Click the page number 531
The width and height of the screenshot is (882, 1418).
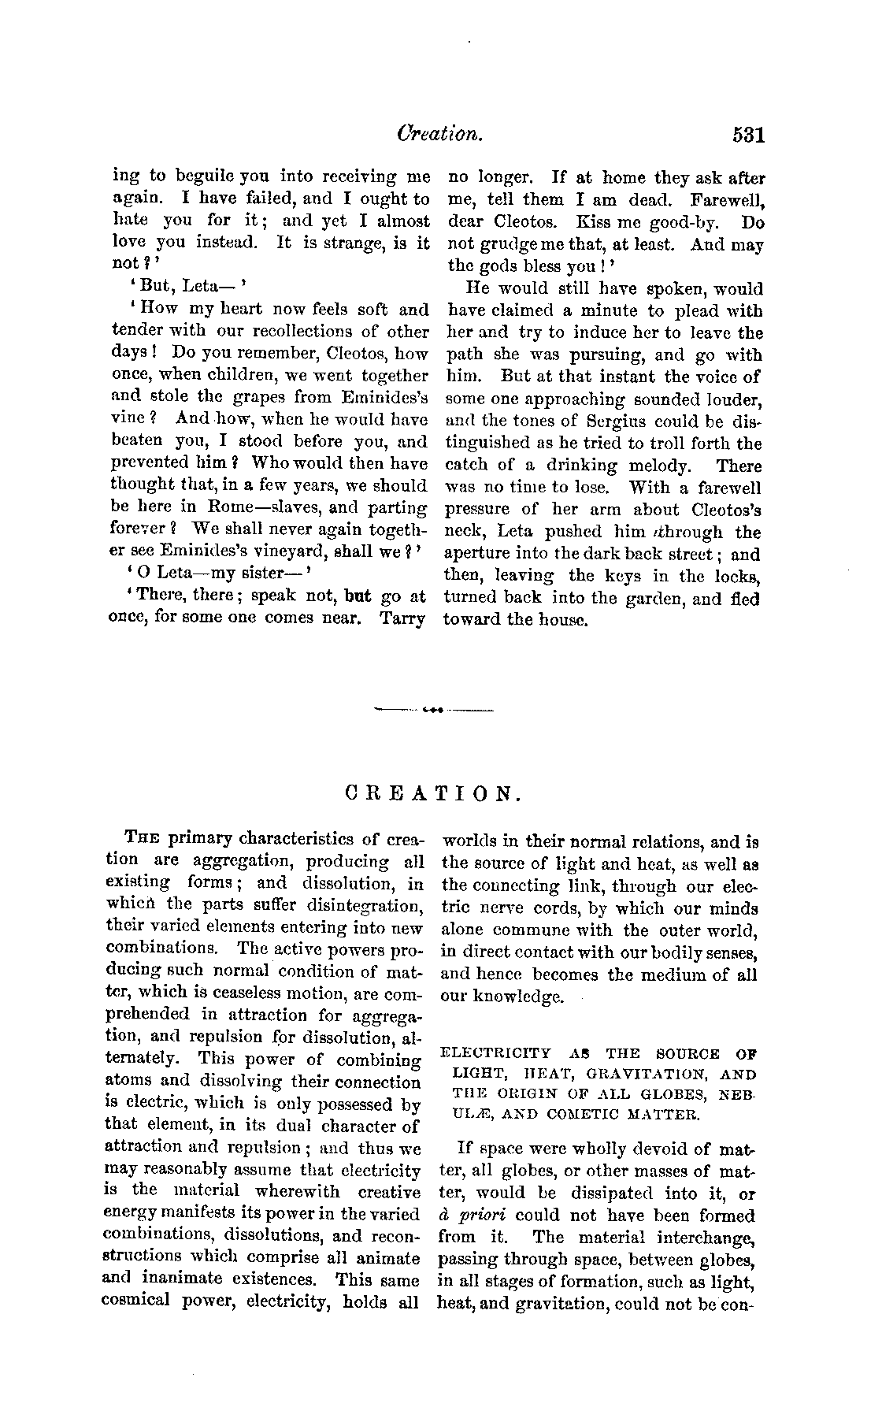coord(747,135)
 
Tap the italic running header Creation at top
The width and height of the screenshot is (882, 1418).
coord(439,135)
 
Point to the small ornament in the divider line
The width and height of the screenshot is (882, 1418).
coord(432,711)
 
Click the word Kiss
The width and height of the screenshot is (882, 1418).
coord(595,223)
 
